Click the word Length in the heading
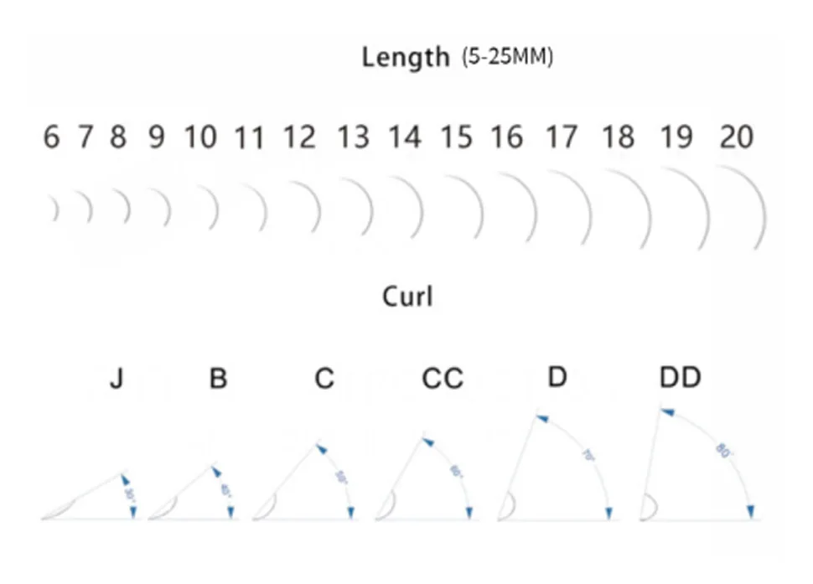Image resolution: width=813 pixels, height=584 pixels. (x=405, y=58)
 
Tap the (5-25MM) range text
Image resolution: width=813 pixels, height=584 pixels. (x=507, y=59)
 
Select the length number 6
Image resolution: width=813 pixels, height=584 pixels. (x=52, y=137)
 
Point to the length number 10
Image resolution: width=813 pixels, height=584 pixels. (x=200, y=137)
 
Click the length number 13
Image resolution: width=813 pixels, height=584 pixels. (x=353, y=137)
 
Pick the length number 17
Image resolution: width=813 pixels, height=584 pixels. (x=562, y=137)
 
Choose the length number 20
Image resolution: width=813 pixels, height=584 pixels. (x=736, y=137)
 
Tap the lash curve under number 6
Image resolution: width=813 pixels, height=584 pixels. (x=54, y=209)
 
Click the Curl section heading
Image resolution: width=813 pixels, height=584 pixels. (x=407, y=297)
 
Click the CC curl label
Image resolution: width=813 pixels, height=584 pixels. (x=442, y=380)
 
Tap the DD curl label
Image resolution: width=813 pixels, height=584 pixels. (x=680, y=378)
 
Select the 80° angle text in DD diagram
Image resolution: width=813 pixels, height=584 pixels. (x=720, y=450)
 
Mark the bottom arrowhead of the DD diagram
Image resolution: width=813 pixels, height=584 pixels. (x=752, y=511)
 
